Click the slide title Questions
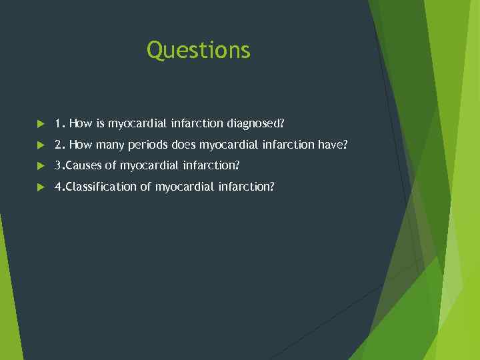199,50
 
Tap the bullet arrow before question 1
41,123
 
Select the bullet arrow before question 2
41,145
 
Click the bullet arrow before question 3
41,165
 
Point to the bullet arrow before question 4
41,187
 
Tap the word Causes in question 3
84,165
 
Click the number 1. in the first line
60,123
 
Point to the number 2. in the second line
60,145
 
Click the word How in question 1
81,123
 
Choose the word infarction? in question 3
212,165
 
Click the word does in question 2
183,145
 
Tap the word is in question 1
101,123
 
